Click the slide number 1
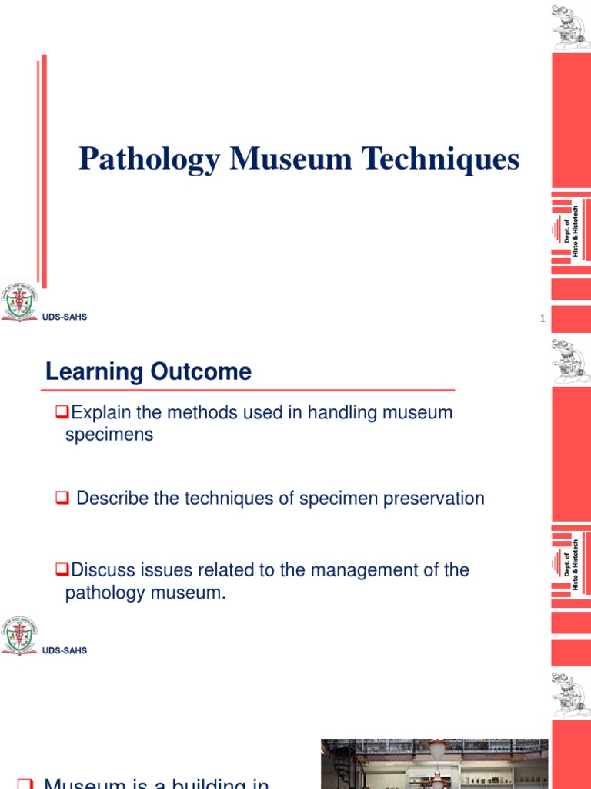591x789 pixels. (543, 319)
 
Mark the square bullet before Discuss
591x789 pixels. (65, 571)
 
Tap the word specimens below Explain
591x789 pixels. (109, 435)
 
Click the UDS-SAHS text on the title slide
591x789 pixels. (65, 317)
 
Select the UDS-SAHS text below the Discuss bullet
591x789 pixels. (65, 650)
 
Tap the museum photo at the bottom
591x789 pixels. (434, 764)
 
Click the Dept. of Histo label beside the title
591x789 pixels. (571, 230)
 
